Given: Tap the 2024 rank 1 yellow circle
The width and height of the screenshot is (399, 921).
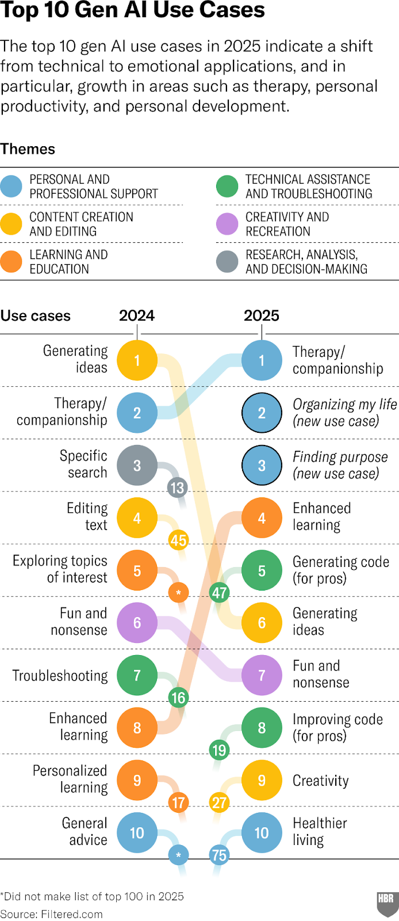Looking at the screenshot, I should click(x=137, y=360).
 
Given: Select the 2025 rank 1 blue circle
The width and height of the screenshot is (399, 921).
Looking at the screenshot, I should click(x=262, y=360).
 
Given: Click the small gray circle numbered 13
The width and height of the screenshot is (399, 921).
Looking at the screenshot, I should click(x=177, y=488).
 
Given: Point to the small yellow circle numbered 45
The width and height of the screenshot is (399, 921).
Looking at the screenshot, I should click(x=178, y=541).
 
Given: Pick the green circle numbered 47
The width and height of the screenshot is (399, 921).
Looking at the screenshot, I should click(x=219, y=592).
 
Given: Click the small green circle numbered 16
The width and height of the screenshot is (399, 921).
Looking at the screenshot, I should click(x=178, y=698).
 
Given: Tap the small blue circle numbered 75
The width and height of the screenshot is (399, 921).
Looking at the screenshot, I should click(x=219, y=855).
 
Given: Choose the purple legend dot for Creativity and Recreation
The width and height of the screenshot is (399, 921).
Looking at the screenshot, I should click(x=227, y=224).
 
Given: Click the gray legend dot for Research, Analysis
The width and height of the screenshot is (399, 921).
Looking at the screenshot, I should click(x=227, y=261).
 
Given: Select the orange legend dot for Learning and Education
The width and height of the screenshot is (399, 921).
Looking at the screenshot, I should click(x=11, y=261).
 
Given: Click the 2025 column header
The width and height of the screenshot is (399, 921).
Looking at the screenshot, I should click(x=262, y=315).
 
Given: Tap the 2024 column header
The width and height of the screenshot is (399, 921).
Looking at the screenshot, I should click(x=137, y=315).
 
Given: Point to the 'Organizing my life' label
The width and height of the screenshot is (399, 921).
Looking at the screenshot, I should click(x=344, y=405).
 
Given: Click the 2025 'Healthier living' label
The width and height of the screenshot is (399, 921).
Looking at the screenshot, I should click(x=320, y=832).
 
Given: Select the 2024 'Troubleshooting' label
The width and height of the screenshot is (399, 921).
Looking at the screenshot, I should click(x=60, y=675).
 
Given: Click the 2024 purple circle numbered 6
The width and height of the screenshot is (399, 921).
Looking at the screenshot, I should click(x=137, y=623).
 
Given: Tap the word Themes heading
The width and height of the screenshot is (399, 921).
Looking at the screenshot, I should click(x=28, y=149).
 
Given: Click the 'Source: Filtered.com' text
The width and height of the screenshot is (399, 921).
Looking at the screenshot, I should click(x=52, y=914).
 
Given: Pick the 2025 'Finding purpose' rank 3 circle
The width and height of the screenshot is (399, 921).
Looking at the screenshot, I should click(x=262, y=466).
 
